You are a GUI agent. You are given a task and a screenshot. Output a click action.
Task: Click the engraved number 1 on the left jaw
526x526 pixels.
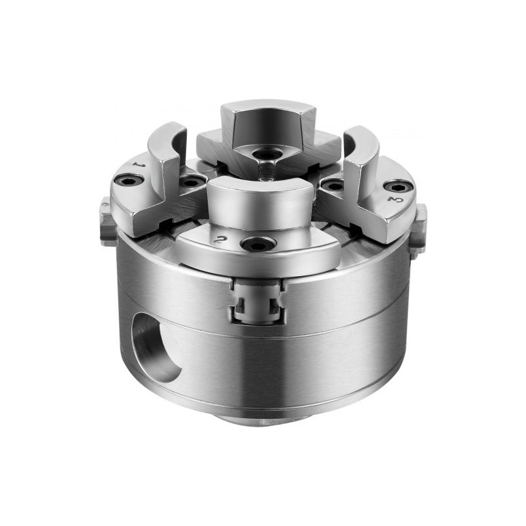coord(137,165)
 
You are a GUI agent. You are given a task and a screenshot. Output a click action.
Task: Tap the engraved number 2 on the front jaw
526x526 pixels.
coord(220,239)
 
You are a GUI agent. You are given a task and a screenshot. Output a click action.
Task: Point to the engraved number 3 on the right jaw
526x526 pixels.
coord(394,200)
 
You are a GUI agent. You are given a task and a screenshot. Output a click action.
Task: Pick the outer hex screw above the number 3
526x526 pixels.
coord(398,187)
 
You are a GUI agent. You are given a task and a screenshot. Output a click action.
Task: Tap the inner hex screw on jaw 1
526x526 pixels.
coord(192,183)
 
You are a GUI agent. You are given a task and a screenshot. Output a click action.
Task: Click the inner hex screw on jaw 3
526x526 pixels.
coord(332,185)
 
